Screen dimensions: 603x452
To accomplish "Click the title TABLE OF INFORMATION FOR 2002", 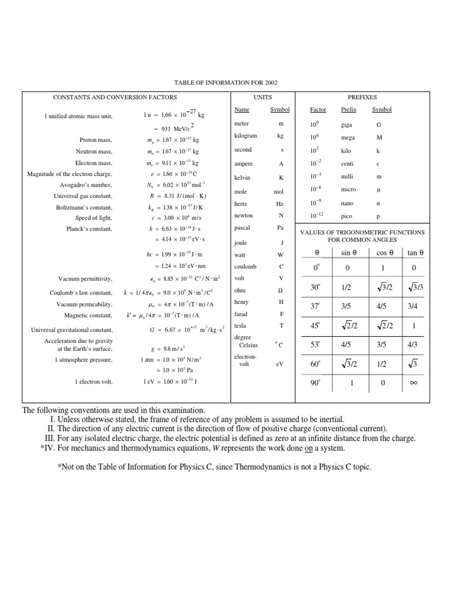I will (x=225, y=83).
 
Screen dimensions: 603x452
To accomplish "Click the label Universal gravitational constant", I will (x=72, y=330).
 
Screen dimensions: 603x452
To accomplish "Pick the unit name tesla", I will (x=240, y=325).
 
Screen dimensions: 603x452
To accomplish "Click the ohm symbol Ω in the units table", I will (x=281, y=290).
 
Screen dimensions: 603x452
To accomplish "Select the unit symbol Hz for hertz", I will (x=281, y=203).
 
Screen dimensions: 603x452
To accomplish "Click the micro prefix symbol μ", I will (x=378, y=191).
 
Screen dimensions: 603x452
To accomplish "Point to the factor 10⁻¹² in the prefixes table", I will (x=318, y=216).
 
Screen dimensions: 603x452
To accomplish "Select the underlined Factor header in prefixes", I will (x=318, y=110).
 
